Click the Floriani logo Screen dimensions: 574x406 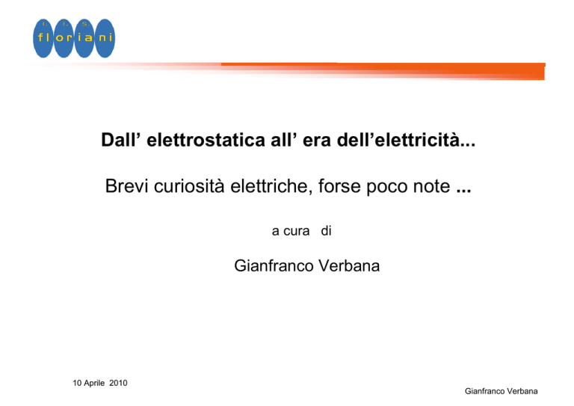coord(74,38)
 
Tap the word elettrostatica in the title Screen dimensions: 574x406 coord(206,140)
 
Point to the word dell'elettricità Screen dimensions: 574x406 coord(406,140)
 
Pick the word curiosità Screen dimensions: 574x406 coord(189,186)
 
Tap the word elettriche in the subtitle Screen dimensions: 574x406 coord(271,186)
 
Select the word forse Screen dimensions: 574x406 coord(339,186)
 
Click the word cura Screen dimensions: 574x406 coord(297,231)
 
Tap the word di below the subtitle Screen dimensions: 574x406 coord(326,230)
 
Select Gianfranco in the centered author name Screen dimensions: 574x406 coord(274,265)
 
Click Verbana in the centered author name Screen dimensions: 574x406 coord(349,265)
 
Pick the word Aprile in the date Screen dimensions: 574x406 coord(94,384)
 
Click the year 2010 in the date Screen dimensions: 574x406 coord(118,383)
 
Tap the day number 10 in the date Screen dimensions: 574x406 coord(77,383)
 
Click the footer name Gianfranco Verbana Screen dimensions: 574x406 coord(502,391)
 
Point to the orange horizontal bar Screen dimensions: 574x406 coord(383,70)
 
